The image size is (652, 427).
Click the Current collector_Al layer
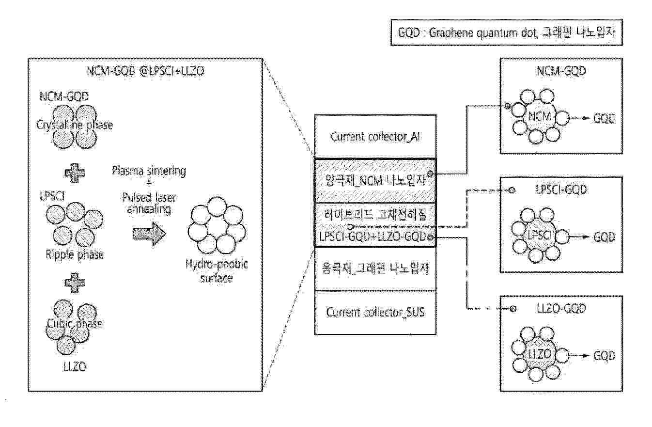pos(375,136)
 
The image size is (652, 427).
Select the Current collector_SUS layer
pos(375,312)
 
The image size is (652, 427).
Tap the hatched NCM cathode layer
pos(375,182)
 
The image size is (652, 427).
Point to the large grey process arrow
pos(149,233)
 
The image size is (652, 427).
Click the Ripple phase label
pos(75,254)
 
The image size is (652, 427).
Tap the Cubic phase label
pos(75,324)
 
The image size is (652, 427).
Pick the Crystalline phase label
pos(75,125)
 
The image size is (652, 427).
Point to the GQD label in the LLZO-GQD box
pos(604,356)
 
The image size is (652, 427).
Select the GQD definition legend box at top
pos(506,33)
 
